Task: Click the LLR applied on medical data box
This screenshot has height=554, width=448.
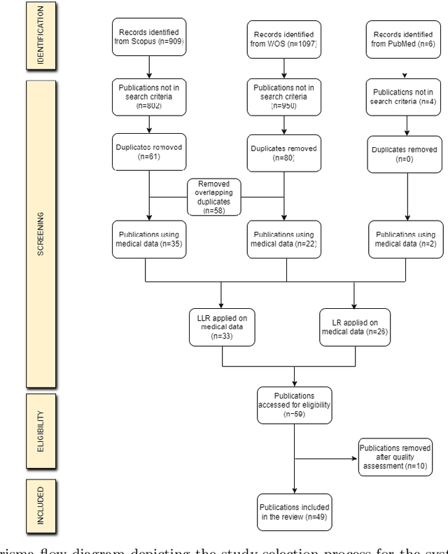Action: tap(222, 326)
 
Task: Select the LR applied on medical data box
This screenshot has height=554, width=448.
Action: tap(354, 326)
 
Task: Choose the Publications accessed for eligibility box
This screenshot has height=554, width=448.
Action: tap(294, 404)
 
